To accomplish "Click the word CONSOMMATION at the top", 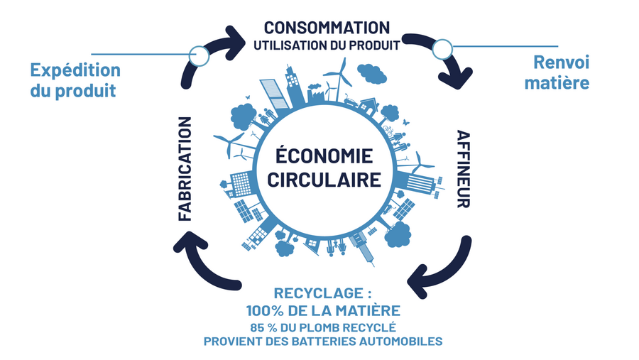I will point(327,28).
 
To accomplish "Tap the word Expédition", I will point(75,70).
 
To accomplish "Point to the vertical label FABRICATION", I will point(185,169).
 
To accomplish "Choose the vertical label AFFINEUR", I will point(463,169).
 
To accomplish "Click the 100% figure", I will point(266,310).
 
